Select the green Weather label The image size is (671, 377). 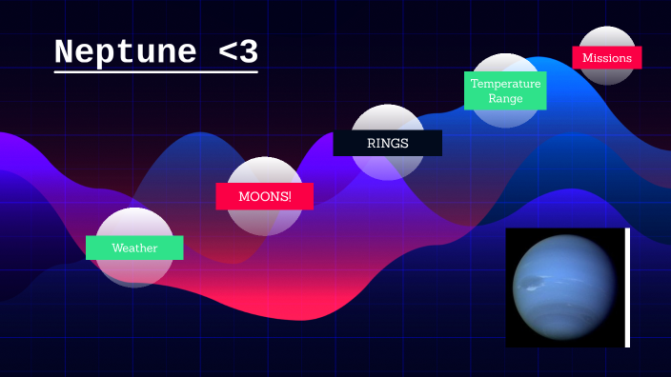click(134, 248)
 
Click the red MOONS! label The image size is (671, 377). click(264, 196)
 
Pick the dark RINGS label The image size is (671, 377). click(387, 143)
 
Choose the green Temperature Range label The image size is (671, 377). click(505, 90)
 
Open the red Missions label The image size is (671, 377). click(607, 57)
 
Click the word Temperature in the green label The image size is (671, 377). click(505, 84)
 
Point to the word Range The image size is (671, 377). click(505, 98)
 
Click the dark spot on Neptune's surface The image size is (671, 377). click(534, 282)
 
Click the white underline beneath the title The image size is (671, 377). click(155, 70)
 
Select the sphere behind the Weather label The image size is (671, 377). click(134, 271)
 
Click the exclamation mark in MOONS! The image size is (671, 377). click(288, 196)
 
